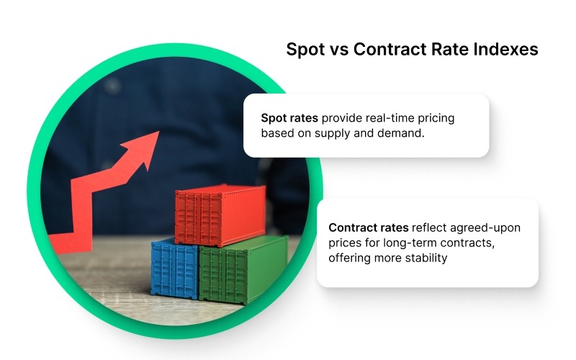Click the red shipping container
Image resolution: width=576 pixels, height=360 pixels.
click(210, 214)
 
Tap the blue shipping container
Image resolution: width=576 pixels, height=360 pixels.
click(175, 268)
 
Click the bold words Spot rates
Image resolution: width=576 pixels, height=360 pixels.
click(288, 118)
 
